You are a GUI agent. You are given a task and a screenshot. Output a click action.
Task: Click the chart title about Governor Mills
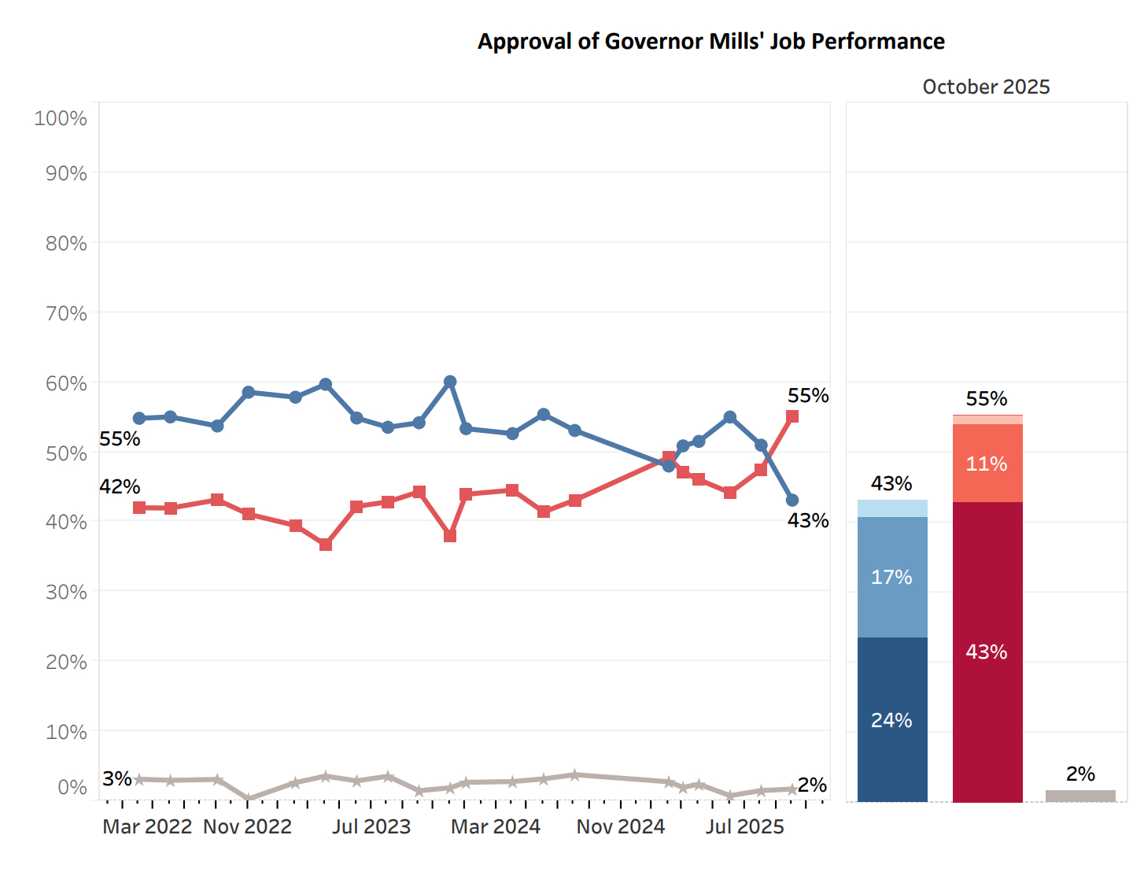(711, 41)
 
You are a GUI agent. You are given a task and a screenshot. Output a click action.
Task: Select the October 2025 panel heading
(986, 87)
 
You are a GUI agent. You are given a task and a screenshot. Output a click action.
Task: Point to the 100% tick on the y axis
(61, 118)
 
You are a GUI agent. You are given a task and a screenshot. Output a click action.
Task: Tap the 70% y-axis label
(66, 313)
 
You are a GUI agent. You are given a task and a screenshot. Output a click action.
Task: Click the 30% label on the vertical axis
(66, 592)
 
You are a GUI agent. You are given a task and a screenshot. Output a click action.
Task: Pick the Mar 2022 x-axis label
(147, 826)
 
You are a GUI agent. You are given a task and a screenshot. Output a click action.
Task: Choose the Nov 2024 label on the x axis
(621, 826)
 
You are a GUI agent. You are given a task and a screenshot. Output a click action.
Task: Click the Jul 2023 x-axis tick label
(371, 826)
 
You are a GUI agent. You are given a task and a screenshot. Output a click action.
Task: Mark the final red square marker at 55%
(792, 416)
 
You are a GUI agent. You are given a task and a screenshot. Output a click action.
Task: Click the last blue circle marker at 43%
(792, 501)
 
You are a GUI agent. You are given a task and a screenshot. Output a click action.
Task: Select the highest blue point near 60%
(450, 382)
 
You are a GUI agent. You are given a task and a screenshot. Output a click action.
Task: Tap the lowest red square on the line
(326, 545)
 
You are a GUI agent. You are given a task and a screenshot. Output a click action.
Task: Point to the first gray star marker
(139, 779)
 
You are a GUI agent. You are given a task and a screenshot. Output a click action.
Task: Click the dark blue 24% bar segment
(892, 719)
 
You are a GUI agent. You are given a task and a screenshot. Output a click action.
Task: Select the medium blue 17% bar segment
(892, 577)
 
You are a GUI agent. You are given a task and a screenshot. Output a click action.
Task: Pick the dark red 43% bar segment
(987, 652)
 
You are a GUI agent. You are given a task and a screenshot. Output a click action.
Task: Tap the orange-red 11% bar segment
(987, 464)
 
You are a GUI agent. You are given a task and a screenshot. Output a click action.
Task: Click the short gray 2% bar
(1080, 796)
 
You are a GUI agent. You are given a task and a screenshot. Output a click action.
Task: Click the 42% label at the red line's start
(120, 486)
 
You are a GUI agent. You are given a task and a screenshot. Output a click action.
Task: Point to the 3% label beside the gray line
(116, 778)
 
